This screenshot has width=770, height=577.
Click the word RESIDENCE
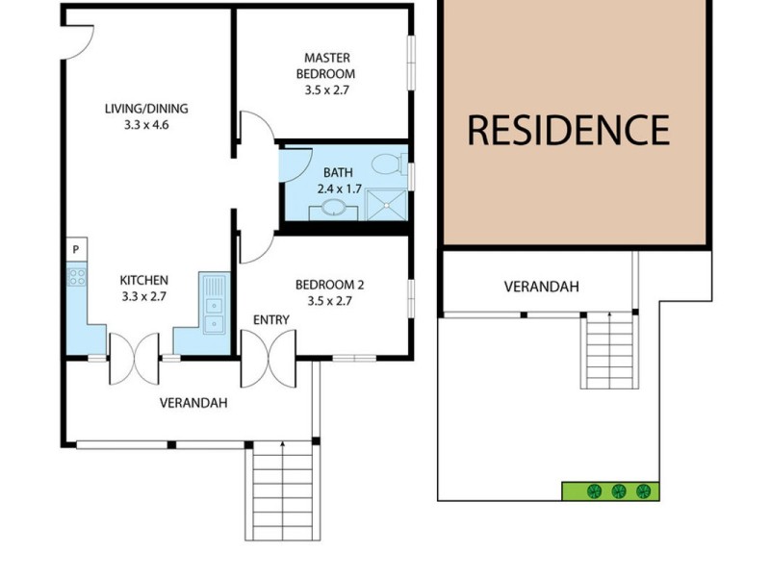tap(568, 129)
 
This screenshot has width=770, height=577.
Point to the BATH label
tap(338, 173)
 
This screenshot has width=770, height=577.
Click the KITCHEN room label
tap(143, 280)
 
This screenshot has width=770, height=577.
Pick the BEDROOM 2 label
tap(329, 284)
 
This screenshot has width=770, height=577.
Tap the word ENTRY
tap(270, 319)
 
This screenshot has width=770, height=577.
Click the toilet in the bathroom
tap(388, 162)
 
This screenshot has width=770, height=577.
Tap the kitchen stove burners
tap(76, 278)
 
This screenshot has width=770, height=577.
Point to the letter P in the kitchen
tap(75, 250)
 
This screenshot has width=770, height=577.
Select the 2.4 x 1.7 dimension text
tap(340, 189)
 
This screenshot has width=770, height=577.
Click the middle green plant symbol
tap(619, 491)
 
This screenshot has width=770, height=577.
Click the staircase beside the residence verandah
tap(609, 350)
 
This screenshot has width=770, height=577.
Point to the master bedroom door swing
tap(254, 130)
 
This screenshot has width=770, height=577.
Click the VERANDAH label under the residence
tap(542, 287)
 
